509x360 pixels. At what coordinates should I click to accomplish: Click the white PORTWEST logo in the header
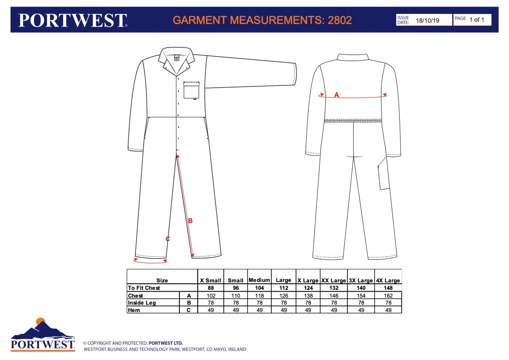tap(73, 20)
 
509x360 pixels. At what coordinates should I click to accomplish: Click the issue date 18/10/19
tap(428, 20)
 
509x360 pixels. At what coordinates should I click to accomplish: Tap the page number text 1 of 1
tap(477, 20)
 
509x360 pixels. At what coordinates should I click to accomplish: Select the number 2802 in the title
tap(340, 20)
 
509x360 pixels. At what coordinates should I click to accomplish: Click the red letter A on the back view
tap(337, 95)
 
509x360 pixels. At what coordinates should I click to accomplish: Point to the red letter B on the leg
tap(190, 221)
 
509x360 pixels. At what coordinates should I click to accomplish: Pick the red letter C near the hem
tap(168, 239)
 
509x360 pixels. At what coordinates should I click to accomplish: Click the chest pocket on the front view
tap(192, 90)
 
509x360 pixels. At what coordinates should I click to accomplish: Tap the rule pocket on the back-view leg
tap(383, 173)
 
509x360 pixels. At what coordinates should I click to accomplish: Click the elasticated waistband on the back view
tap(353, 121)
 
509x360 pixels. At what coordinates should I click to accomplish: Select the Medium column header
tap(260, 280)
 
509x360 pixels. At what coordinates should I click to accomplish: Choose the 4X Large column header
tap(388, 280)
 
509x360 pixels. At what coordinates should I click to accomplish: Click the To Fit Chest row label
tap(144, 288)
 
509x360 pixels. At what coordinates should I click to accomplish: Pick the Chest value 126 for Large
tap(284, 295)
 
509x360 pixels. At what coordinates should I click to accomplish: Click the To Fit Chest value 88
tap(211, 288)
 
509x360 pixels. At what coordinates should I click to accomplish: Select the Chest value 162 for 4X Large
tap(388, 295)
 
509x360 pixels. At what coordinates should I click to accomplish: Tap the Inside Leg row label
tap(142, 303)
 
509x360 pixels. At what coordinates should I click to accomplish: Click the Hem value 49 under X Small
tap(211, 310)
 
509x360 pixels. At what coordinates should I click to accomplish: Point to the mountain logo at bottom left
tap(43, 334)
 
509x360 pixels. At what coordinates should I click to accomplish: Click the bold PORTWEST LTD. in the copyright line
tap(165, 343)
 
